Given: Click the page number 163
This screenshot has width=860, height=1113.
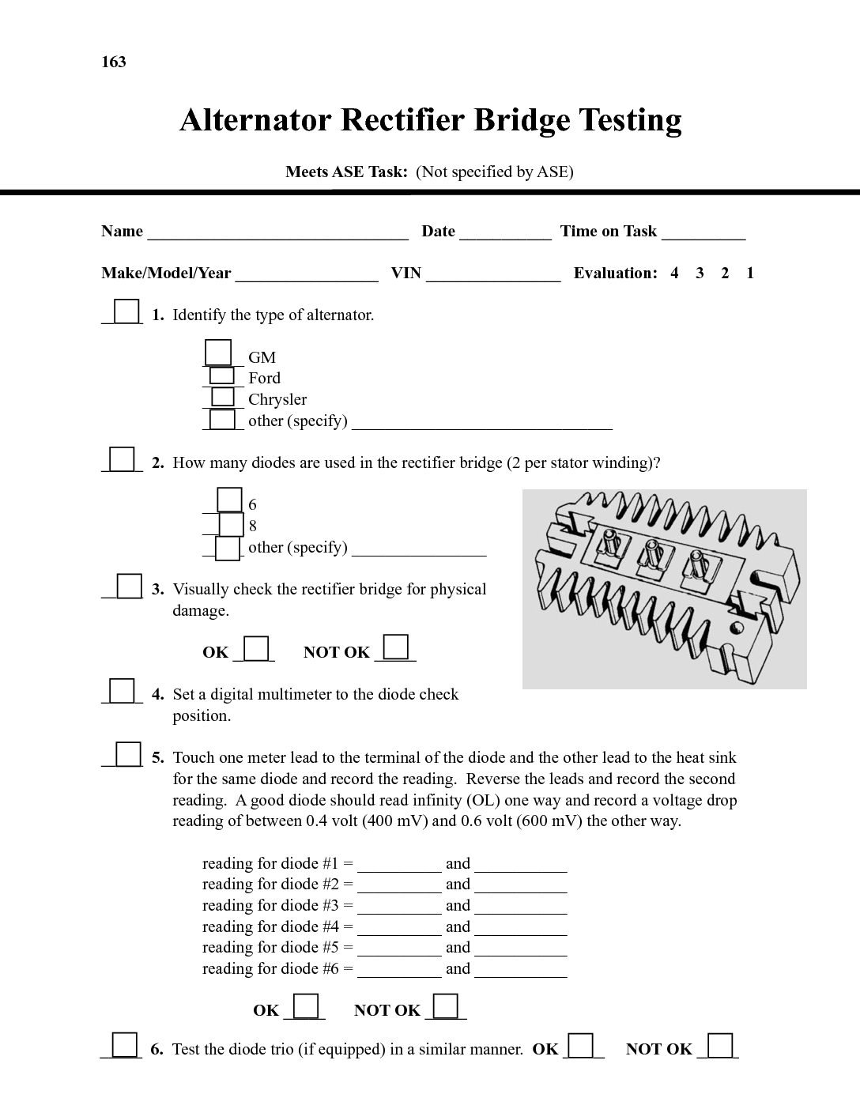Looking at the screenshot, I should pyautogui.click(x=114, y=62).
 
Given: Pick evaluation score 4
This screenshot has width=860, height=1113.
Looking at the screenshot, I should pyautogui.click(x=674, y=274).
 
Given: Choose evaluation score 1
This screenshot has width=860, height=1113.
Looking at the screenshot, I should pyautogui.click(x=750, y=274).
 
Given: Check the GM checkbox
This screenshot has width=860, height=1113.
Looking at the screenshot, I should pyautogui.click(x=218, y=353).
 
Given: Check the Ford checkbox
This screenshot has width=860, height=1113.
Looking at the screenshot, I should pyautogui.click(x=222, y=375).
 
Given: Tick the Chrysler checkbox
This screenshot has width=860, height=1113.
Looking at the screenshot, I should pyautogui.click(x=223, y=397).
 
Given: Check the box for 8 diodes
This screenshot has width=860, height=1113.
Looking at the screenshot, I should pyautogui.click(x=231, y=524).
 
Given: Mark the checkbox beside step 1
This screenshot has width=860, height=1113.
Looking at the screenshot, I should pyautogui.click(x=126, y=311).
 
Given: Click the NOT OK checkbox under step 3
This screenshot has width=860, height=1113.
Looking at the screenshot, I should pyautogui.click(x=395, y=647).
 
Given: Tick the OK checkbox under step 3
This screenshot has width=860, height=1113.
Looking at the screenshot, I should pyautogui.click(x=256, y=648).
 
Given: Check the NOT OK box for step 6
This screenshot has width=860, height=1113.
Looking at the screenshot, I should pyautogui.click(x=719, y=1045).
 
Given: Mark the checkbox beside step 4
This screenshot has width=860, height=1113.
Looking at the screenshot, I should pyautogui.click(x=122, y=690).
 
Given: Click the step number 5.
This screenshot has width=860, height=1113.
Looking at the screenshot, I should pyautogui.click(x=158, y=757).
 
